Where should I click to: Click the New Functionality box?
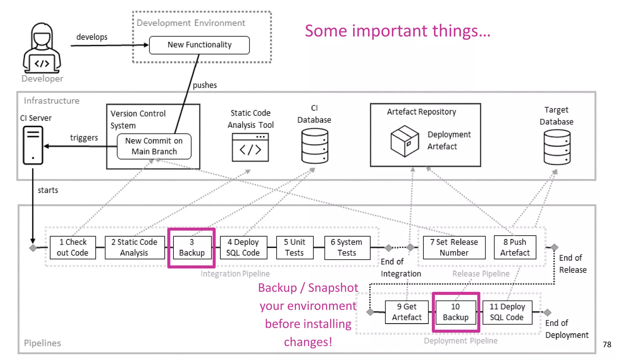click(199, 45)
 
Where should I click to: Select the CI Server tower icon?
click(33, 145)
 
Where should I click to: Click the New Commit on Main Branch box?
click(154, 146)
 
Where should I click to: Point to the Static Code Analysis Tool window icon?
click(250, 147)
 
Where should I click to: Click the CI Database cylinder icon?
click(314, 146)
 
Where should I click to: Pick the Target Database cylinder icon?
click(557, 147)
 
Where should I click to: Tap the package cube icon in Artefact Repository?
click(404, 141)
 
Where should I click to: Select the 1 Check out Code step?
click(73, 247)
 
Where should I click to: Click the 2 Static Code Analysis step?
click(134, 247)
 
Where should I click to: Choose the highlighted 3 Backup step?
click(192, 247)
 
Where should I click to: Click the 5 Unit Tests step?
click(294, 247)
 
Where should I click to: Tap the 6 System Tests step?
click(347, 247)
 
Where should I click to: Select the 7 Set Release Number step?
click(454, 247)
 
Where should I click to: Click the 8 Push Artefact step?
click(515, 247)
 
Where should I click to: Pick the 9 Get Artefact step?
click(407, 312)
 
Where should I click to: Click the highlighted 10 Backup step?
click(456, 312)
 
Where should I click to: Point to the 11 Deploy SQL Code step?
click(507, 312)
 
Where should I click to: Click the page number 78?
click(607, 344)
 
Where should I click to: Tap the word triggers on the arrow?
click(84, 138)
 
